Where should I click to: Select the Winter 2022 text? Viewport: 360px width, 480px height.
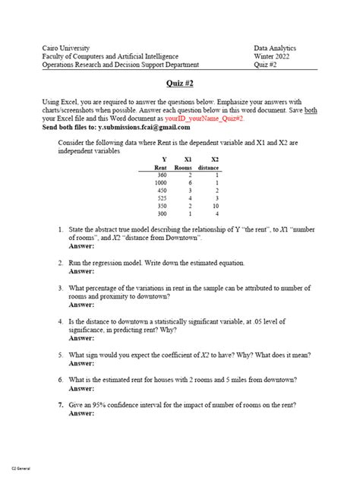point(273,56)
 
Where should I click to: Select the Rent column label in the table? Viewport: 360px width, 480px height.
point(160,167)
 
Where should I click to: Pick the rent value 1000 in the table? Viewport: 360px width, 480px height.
point(160,183)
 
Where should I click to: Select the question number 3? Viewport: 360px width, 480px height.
point(59,289)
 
